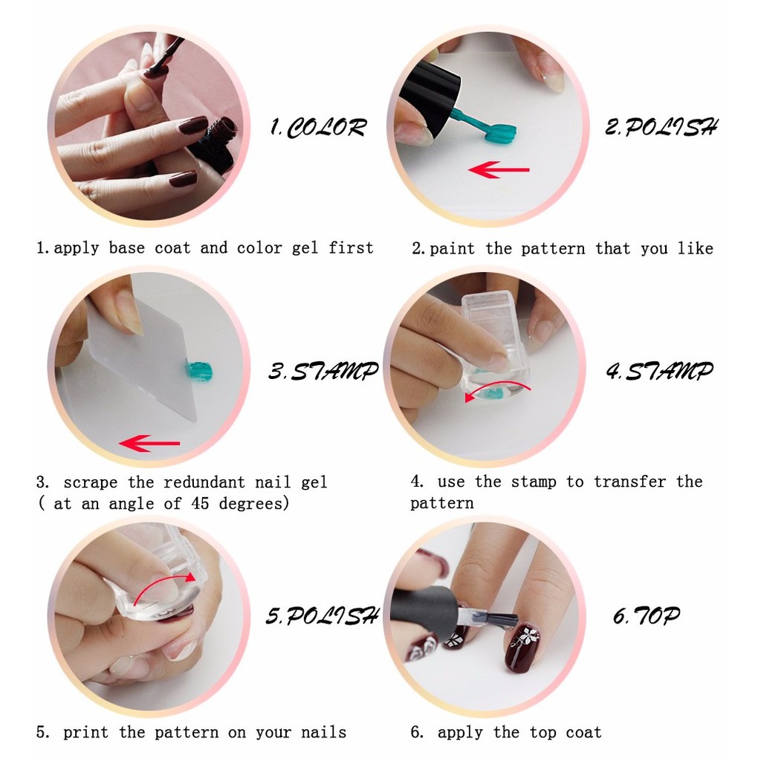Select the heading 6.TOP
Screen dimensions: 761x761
[x=646, y=615]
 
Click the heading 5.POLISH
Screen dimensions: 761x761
[x=322, y=615]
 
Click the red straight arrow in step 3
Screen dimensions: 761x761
[x=149, y=444]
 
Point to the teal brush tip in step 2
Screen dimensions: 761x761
[x=499, y=133]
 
